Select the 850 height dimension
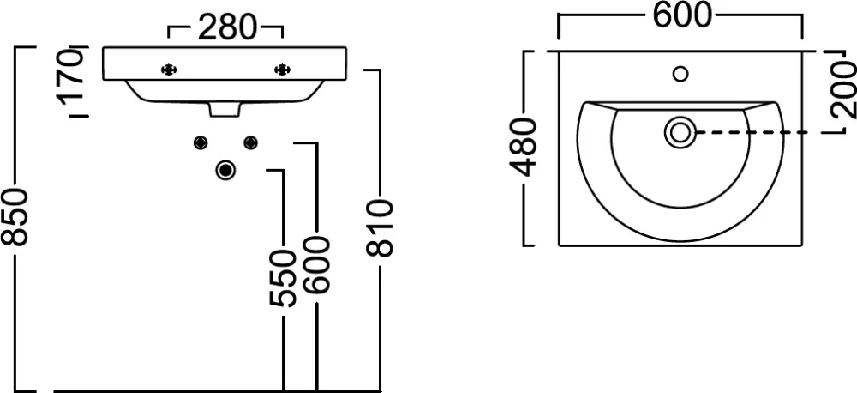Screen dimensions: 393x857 point(18,220)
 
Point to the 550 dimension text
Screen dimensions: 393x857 point(282,279)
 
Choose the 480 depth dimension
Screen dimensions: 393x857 point(524,148)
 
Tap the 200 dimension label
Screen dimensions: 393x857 point(843,87)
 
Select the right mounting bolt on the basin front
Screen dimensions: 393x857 point(281,69)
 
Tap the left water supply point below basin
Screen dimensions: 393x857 point(201,142)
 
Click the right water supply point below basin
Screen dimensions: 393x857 point(250,142)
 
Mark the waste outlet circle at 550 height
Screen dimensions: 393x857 point(226,171)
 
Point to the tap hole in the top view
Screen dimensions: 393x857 point(681,74)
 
